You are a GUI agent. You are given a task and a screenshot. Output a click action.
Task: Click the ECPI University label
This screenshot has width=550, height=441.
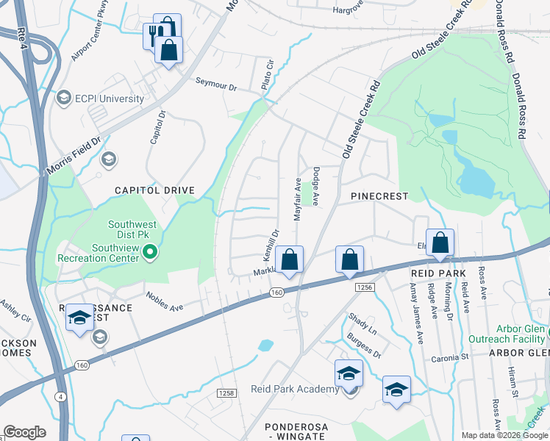110,98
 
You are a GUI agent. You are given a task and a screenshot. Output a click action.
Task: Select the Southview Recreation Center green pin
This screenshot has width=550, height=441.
151,254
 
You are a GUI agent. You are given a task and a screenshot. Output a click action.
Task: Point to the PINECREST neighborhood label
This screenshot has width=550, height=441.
379,197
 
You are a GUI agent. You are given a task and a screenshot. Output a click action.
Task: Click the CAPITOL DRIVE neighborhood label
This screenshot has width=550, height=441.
154,190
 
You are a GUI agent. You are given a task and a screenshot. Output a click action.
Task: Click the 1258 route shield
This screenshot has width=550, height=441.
226,394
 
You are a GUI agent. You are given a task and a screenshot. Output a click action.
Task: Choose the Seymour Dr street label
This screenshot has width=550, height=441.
215,86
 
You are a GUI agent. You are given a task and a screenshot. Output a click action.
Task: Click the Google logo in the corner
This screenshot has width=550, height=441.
24,432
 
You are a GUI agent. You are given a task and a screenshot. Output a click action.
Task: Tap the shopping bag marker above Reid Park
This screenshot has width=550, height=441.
440,242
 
